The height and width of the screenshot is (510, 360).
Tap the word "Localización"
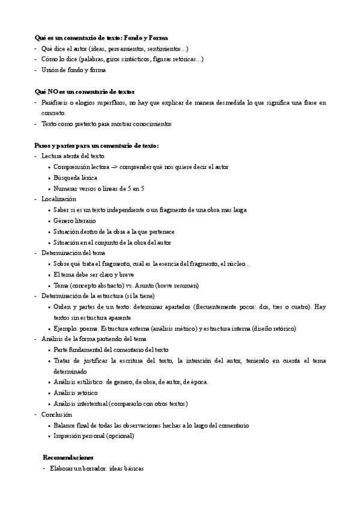59,198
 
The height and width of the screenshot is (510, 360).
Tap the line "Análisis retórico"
76,393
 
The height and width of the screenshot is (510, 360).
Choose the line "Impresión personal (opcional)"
94,436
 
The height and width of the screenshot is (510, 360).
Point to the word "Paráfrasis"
55,102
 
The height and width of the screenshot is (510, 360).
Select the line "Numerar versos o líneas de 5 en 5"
99,188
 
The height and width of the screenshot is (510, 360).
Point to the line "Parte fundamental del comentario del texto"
111,349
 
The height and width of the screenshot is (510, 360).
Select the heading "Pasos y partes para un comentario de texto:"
97,146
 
